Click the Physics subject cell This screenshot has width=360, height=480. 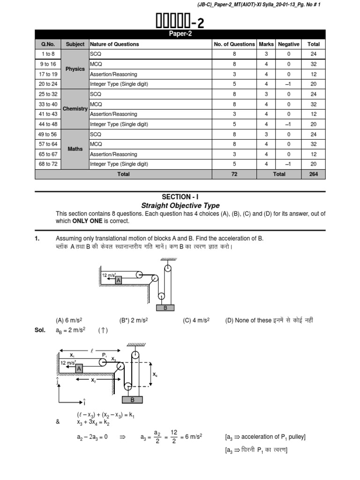75,69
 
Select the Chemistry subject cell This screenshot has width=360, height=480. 75,109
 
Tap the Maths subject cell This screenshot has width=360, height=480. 75,149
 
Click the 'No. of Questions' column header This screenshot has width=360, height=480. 234,44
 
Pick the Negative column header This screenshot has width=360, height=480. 288,44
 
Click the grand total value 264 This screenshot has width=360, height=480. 313,174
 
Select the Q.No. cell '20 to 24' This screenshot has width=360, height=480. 48,84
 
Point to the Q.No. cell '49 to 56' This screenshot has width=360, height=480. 48,134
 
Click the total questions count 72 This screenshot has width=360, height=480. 234,174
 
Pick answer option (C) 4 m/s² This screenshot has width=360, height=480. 196,321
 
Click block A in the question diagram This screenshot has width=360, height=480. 119,280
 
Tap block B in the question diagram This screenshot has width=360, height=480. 165,308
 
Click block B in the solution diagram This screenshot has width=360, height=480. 132,400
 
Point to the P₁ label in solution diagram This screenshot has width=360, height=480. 105,355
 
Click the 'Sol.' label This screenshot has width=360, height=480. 40,330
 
